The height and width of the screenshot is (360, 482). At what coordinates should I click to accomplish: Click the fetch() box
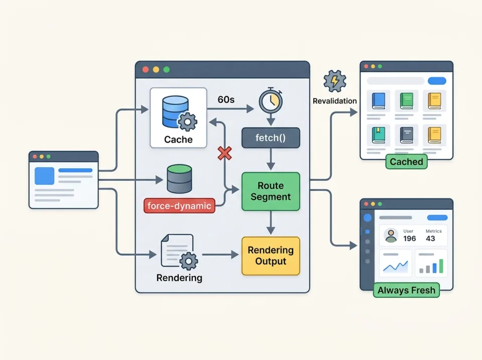271,138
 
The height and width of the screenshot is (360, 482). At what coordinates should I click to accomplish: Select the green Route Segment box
271,191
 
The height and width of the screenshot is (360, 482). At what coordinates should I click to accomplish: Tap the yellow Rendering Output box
271,256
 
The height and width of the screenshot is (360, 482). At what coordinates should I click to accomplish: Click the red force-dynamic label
179,205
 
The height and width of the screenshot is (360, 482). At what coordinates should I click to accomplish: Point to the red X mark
224,153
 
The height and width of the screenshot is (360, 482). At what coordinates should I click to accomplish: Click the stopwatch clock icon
271,101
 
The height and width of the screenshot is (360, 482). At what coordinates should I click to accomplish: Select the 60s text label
226,100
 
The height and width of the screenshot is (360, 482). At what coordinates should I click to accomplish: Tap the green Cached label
406,161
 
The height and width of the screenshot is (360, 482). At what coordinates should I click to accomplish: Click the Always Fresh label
406,290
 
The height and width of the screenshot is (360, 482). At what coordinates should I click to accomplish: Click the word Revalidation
334,101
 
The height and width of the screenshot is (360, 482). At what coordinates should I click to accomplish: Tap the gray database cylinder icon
179,179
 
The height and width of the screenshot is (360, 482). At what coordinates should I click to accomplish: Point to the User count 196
409,238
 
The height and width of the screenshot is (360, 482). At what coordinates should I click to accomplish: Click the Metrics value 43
430,238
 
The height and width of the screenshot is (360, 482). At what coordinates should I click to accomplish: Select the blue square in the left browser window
44,176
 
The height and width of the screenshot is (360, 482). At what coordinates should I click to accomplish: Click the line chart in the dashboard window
395,266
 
